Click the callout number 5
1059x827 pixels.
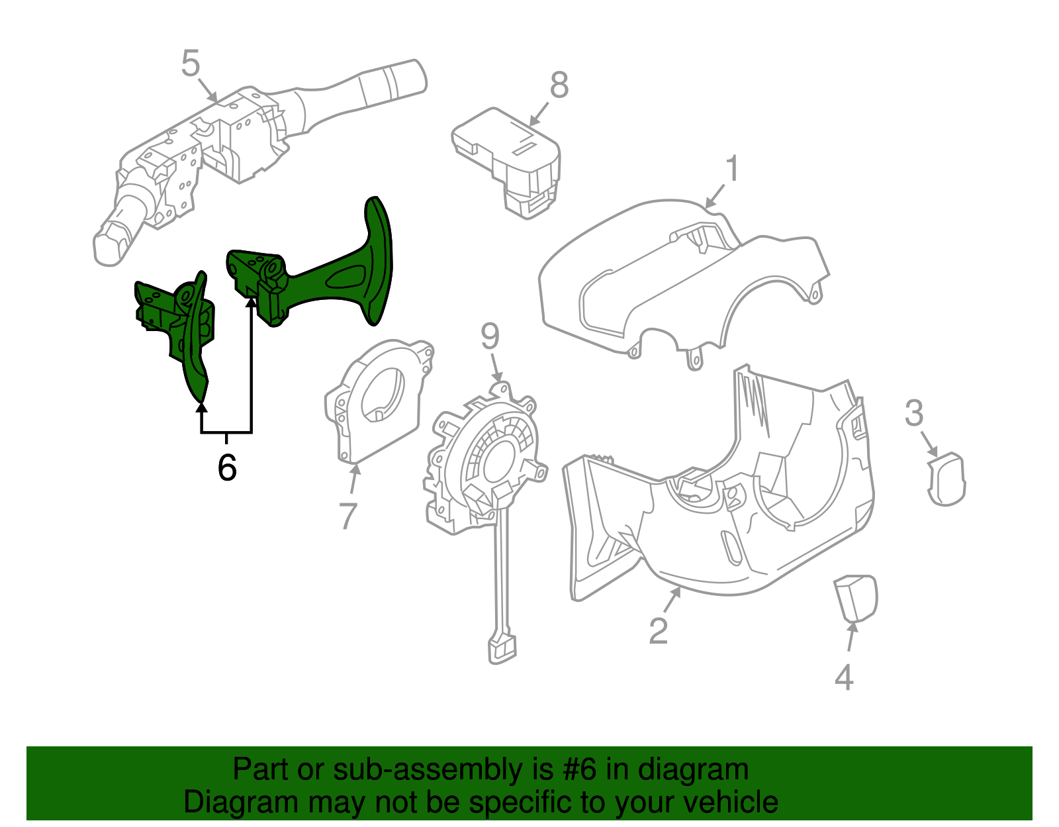(190, 64)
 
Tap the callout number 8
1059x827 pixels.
(559, 85)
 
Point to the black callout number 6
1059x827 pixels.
(227, 468)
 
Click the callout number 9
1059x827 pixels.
(490, 336)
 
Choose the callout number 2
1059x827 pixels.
(658, 630)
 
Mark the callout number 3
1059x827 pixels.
(914, 413)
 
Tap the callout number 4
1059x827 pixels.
(844, 677)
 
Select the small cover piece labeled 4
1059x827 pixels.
(856, 598)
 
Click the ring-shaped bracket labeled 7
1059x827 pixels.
(374, 404)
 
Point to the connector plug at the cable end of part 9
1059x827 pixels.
(502, 648)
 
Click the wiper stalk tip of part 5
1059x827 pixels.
(397, 79)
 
